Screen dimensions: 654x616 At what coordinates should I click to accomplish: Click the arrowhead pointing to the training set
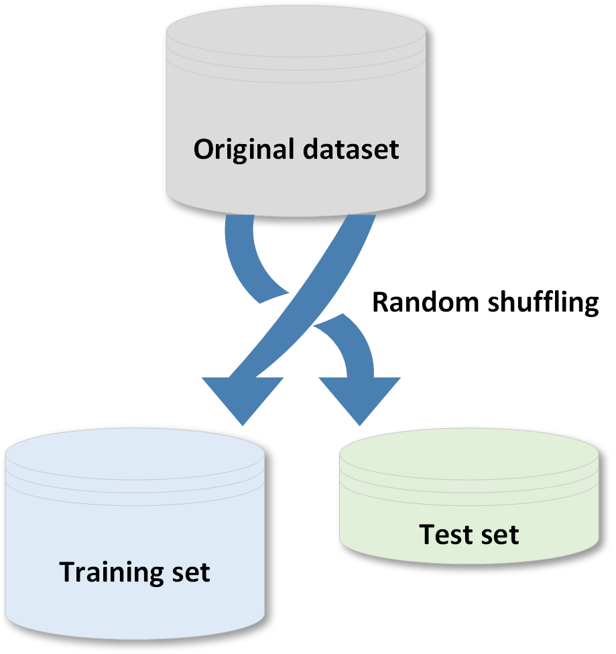pyautogui.click(x=243, y=399)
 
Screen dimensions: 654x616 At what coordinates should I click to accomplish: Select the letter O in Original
pyautogui.click(x=202, y=149)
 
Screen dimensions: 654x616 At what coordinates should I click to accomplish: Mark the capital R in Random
pyautogui.click(x=379, y=302)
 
